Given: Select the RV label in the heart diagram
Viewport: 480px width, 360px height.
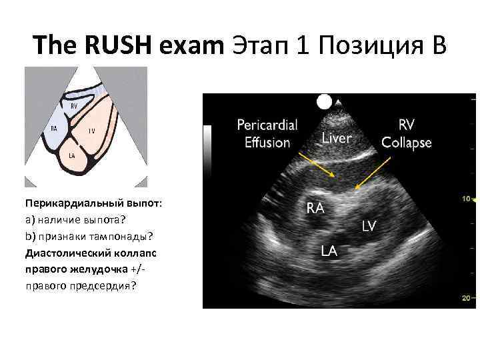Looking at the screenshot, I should click(74, 105).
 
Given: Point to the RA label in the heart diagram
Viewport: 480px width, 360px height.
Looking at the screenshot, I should click(54, 129).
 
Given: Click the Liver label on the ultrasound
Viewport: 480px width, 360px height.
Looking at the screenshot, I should click(337, 138).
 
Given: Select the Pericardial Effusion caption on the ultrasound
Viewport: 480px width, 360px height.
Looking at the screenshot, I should click(267, 133).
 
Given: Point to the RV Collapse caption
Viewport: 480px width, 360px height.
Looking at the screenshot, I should click(406, 133).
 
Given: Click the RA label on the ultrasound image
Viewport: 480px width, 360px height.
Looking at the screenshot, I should click(315, 208).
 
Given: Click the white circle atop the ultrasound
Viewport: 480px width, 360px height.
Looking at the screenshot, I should click(325, 101).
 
